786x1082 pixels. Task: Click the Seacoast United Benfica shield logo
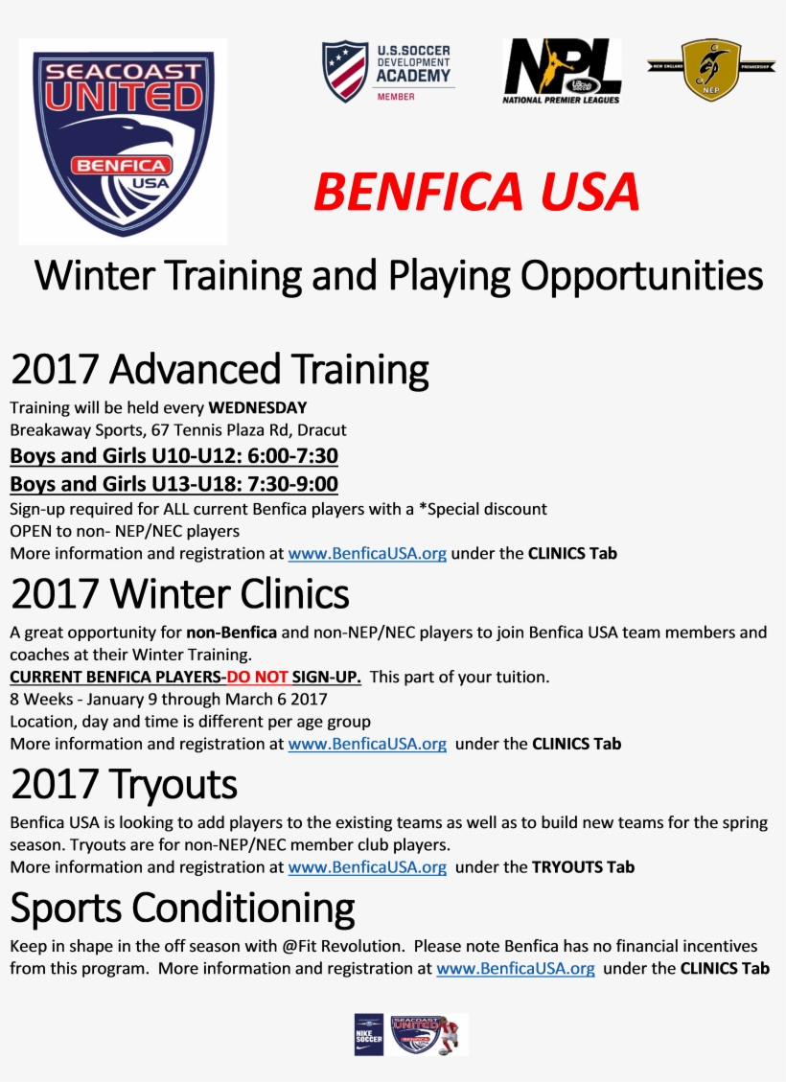pyautogui.click(x=124, y=142)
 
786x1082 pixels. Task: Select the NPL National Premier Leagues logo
pyautogui.click(x=562, y=71)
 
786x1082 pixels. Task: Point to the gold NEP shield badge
pyautogui.click(x=711, y=69)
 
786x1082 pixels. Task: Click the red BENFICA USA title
pyautogui.click(x=476, y=191)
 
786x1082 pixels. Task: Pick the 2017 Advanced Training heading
pyautogui.click(x=220, y=369)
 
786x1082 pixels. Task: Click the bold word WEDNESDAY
pyautogui.click(x=258, y=408)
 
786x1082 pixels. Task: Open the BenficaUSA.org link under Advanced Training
pyautogui.click(x=367, y=553)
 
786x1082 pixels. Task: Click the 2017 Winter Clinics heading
pyautogui.click(x=180, y=593)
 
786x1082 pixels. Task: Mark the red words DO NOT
pyautogui.click(x=258, y=677)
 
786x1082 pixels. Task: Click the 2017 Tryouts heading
pyautogui.click(x=125, y=784)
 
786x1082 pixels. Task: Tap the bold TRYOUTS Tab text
pyautogui.click(x=583, y=867)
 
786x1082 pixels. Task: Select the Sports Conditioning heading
pyautogui.click(x=182, y=909)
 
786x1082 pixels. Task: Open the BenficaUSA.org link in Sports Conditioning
pyautogui.click(x=516, y=968)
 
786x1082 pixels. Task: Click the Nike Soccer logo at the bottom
pyautogui.click(x=368, y=1034)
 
